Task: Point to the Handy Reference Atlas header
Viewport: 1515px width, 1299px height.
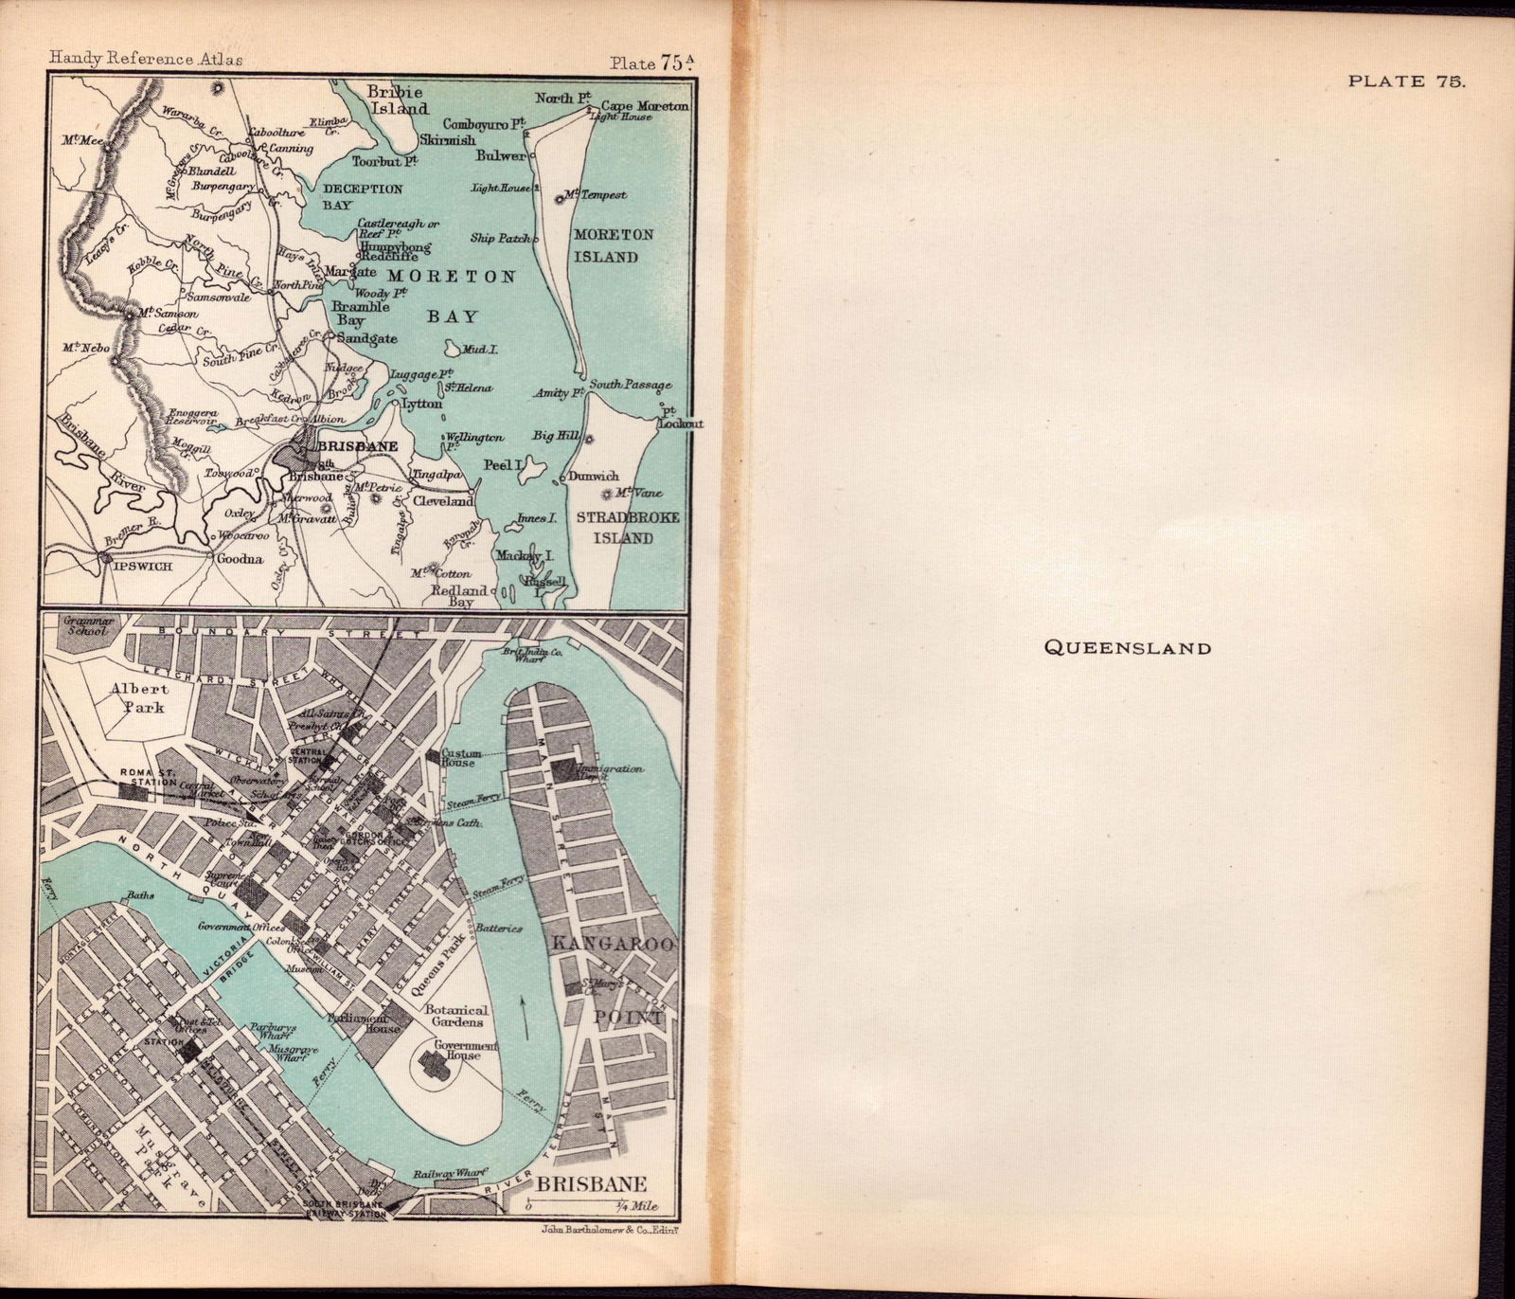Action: pos(146,60)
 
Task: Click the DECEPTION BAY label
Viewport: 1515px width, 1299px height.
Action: pos(362,196)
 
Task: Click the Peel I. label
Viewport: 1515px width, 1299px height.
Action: pos(503,465)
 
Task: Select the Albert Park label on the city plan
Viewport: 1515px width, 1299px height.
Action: pos(139,697)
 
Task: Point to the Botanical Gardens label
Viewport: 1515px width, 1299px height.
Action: pos(455,1016)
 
